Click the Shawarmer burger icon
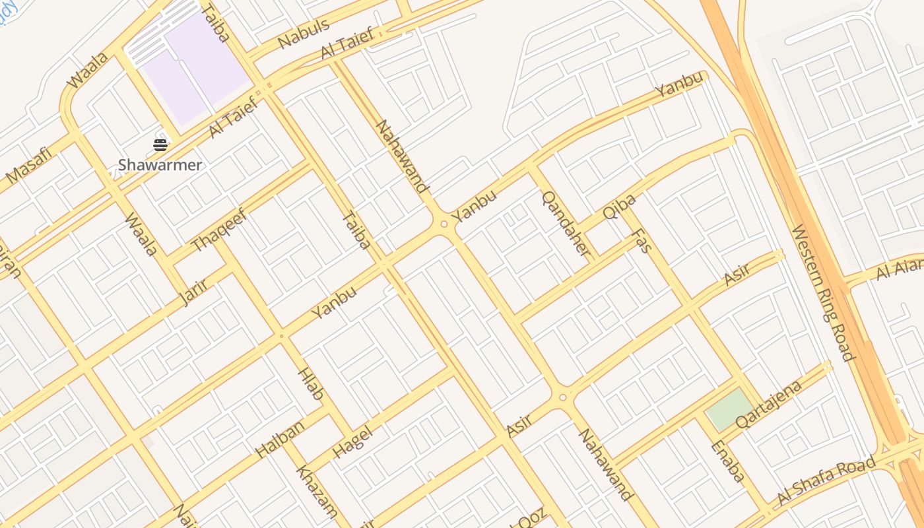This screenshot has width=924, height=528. click(x=160, y=145)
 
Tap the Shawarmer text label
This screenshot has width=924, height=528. click(x=160, y=165)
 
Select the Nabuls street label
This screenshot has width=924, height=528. click(x=304, y=34)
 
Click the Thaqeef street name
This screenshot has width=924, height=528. click(x=218, y=230)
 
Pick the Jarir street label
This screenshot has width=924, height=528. click(x=193, y=292)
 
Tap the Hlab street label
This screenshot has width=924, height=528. click(x=312, y=384)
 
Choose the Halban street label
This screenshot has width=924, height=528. click(x=280, y=438)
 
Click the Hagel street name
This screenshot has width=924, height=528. click(x=352, y=442)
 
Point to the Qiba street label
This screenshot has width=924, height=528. click(x=620, y=207)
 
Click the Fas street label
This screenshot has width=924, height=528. click(x=641, y=241)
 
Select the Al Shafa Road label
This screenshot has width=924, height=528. click(x=826, y=480)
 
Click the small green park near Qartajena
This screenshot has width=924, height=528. click(x=729, y=409)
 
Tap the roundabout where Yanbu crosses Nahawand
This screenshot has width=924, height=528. click(x=444, y=224)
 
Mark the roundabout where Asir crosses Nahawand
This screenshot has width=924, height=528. click(x=562, y=397)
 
